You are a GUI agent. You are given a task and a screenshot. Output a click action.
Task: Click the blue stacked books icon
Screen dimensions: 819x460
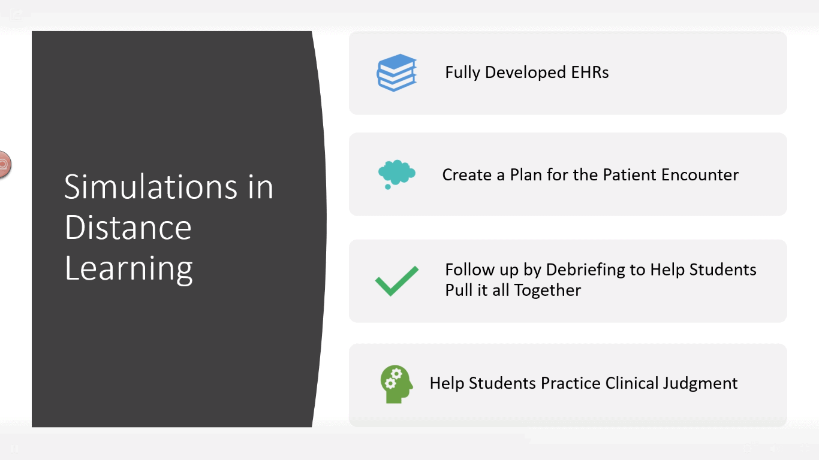tap(397, 72)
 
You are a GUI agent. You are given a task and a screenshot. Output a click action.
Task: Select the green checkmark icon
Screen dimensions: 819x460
tap(397, 280)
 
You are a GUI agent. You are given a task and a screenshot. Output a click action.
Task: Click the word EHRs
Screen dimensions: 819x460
tap(590, 72)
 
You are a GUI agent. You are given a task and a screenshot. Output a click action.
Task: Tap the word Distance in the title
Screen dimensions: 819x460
tap(128, 227)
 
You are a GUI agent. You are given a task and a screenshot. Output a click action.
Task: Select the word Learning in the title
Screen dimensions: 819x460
tap(129, 269)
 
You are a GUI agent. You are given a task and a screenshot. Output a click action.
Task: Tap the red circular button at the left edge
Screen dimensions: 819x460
tap(4, 165)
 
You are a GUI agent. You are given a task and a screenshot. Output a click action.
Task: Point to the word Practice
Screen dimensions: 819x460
tap(570, 383)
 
